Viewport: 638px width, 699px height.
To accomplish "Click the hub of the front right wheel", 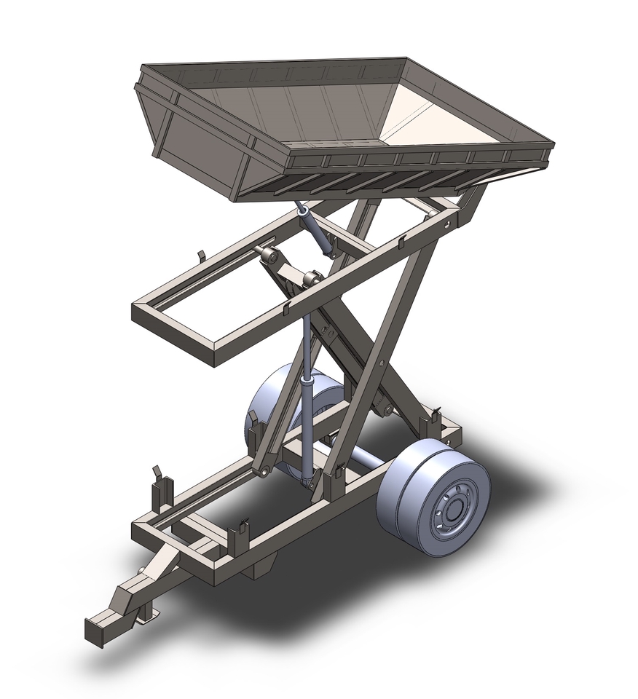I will point(449,511).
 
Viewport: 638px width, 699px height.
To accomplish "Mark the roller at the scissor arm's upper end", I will point(271,257).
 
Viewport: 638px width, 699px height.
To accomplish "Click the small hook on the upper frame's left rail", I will point(202,257).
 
